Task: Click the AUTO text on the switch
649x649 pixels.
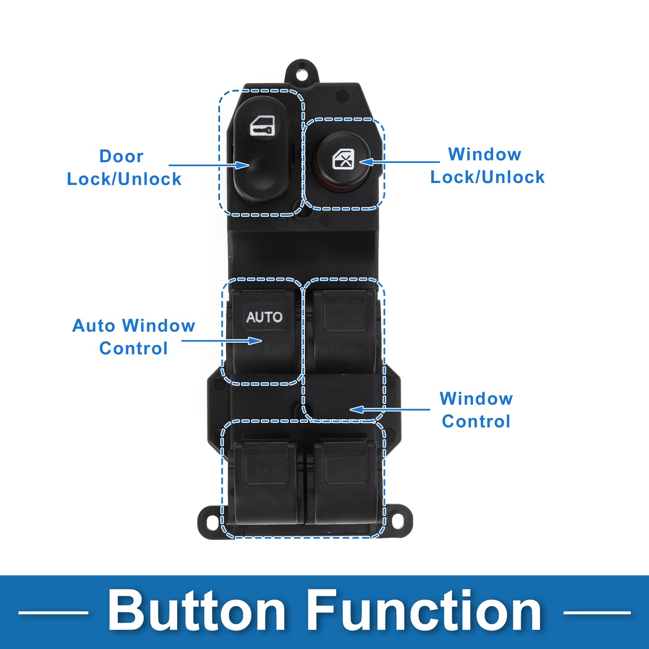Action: pyautogui.click(x=264, y=317)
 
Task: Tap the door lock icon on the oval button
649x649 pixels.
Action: pyautogui.click(x=262, y=125)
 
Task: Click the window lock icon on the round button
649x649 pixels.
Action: pyautogui.click(x=343, y=159)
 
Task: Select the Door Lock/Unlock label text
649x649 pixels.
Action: pyautogui.click(x=124, y=168)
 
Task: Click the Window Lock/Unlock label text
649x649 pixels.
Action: pyautogui.click(x=487, y=166)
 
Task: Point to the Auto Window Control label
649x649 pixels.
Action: pyautogui.click(x=134, y=337)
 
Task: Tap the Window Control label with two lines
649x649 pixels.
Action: pyautogui.click(x=476, y=410)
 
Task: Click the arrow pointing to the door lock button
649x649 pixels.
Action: pyautogui.click(x=209, y=165)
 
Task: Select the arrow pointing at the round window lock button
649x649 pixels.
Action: pyautogui.click(x=399, y=162)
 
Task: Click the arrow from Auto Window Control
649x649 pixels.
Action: pyautogui.click(x=222, y=341)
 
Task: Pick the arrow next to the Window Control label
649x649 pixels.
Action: pyautogui.click(x=390, y=410)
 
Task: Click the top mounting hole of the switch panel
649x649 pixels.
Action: pyautogui.click(x=302, y=75)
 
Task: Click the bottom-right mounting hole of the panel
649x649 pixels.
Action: pyautogui.click(x=398, y=522)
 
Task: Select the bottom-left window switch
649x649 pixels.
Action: pyautogui.click(x=265, y=483)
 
